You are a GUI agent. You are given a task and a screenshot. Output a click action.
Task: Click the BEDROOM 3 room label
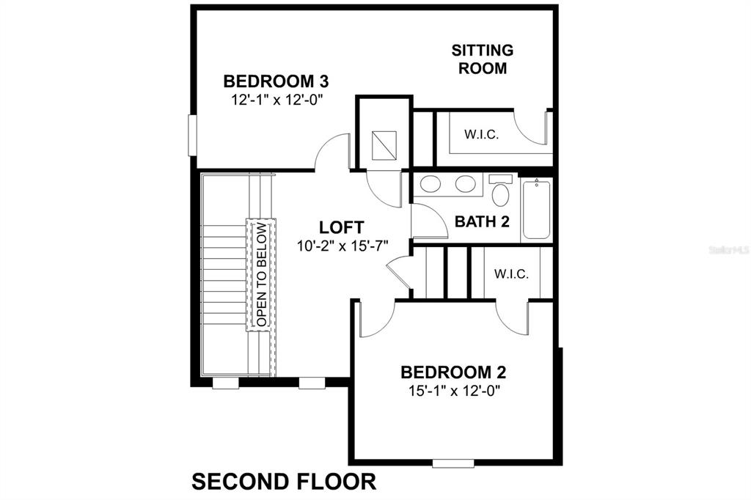[275, 81]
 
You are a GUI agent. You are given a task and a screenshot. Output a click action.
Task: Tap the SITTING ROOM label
[482, 59]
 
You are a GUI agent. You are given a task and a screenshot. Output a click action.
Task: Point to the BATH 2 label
[482, 221]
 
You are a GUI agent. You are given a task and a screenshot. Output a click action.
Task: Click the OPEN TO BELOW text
[262, 274]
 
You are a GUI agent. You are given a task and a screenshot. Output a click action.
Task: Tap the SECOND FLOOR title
[284, 482]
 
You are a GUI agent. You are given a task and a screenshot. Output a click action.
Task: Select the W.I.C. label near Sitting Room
[481, 135]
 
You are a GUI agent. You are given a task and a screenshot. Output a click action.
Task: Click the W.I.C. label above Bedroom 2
[510, 274]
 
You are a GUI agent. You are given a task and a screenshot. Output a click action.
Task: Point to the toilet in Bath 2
[501, 193]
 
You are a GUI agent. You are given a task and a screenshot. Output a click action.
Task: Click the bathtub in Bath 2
[537, 210]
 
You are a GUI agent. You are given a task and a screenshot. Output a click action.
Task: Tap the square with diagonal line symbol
[383, 145]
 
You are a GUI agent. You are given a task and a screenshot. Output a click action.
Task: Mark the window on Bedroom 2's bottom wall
[453, 463]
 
